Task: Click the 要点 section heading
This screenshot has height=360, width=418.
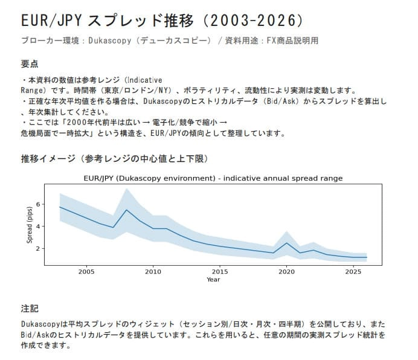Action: (x=30, y=63)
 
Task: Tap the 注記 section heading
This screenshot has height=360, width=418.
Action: (x=30, y=307)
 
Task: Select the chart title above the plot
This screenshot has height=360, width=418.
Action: (x=213, y=178)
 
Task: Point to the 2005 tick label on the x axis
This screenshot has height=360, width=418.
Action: (x=86, y=271)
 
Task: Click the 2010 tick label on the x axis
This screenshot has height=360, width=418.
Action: (x=153, y=271)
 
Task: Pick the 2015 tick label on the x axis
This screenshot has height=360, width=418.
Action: (x=220, y=271)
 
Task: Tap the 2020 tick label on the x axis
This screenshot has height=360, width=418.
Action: (x=287, y=271)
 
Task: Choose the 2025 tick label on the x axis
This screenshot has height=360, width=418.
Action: (x=353, y=271)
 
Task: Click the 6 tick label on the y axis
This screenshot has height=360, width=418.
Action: (x=37, y=204)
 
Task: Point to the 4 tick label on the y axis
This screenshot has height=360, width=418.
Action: (x=37, y=227)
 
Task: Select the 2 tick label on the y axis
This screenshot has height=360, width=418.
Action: (x=37, y=248)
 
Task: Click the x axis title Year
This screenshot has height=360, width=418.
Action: (x=213, y=280)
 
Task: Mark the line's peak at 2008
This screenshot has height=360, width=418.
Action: (x=126, y=210)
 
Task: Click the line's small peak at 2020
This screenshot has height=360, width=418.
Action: (x=287, y=243)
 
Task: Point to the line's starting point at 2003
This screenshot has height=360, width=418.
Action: (x=60, y=207)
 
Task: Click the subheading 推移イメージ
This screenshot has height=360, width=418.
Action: (x=115, y=158)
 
